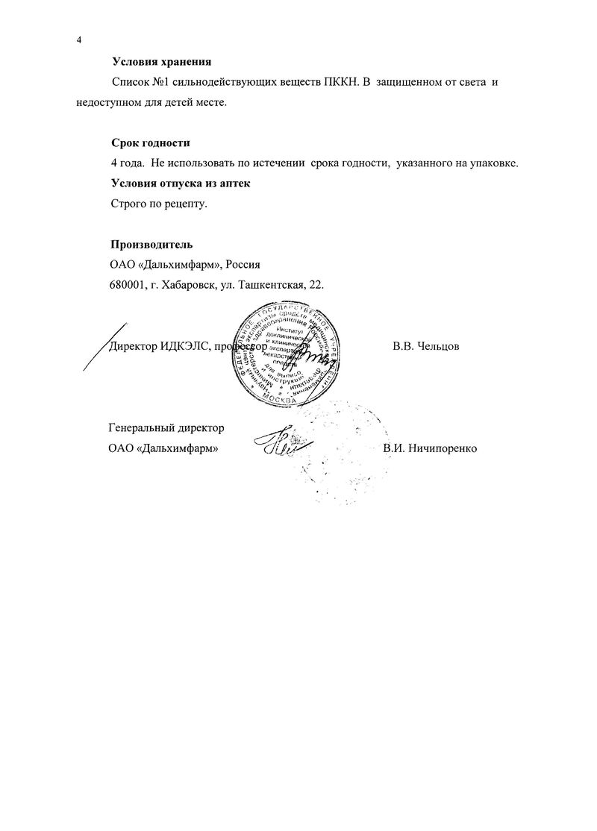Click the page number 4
[78, 40]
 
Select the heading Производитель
[151, 244]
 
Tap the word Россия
[243, 264]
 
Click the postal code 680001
[127, 284]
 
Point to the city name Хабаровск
[186, 284]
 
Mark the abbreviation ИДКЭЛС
[184, 346]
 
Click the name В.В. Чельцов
[425, 346]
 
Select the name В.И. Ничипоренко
[429, 448]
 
